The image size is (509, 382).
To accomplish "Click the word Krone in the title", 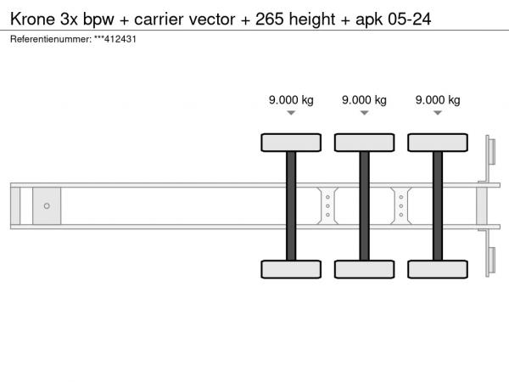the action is tap(33, 19).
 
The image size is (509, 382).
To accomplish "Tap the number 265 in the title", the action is tap(270, 19).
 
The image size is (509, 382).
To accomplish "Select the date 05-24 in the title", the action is tap(410, 19).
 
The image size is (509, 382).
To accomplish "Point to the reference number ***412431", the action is tap(115, 39).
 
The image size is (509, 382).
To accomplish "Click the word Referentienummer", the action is tap(51, 39).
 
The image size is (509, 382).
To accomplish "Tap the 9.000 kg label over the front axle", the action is tap(291, 100).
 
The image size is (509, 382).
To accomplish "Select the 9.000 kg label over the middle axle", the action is tap(364, 100).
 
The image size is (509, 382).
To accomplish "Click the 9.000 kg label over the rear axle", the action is tap(438, 100).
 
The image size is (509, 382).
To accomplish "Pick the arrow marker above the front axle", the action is tap(291, 113).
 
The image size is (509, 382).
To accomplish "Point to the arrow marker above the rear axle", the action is tap(438, 113).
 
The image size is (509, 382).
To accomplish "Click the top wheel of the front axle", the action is tap(291, 143).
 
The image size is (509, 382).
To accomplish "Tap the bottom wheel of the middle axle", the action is tap(365, 269).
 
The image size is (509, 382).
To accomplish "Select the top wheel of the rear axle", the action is tap(438, 143).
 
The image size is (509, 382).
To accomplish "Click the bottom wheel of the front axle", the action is tap(291, 269).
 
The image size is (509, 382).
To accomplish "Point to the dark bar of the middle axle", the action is tap(365, 206).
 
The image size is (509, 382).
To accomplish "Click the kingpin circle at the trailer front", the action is tap(47, 206).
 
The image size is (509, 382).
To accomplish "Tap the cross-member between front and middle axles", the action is tap(327, 206).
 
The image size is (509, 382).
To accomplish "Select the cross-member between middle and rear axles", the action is tap(401, 206).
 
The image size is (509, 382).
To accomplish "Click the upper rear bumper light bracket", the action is tap(490, 151).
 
